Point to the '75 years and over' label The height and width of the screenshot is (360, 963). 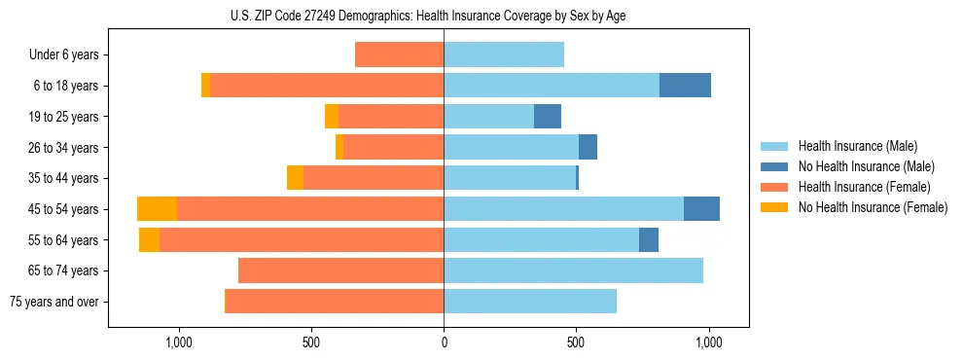coord(54,302)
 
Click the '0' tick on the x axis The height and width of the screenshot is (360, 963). coord(444,342)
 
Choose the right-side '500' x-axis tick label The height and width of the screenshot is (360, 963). coord(576,342)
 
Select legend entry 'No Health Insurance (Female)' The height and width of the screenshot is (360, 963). coord(873,207)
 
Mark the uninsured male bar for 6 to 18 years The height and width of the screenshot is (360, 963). coord(685,86)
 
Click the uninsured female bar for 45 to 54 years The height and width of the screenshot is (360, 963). coord(157,209)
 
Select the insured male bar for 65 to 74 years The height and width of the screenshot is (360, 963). coord(573,270)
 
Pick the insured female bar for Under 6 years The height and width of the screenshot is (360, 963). coord(399,54)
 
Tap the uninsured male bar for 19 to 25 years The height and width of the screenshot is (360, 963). coord(548,117)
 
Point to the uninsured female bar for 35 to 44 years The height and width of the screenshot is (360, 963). coord(295,178)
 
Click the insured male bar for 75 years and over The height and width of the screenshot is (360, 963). coord(530,302)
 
